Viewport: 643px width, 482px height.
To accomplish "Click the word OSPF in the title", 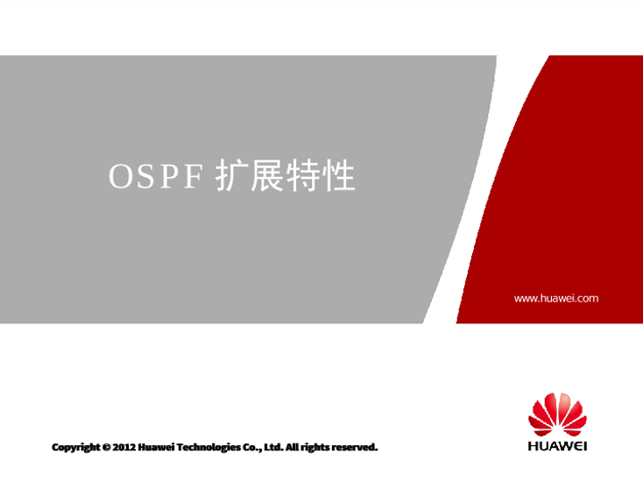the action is (x=156, y=176).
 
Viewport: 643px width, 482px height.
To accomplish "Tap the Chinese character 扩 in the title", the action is (x=231, y=175).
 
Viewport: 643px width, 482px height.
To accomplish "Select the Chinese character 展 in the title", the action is (x=267, y=175).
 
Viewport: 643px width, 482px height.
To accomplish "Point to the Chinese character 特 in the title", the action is (x=302, y=175).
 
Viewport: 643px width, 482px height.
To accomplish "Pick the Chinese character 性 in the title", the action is (x=338, y=175).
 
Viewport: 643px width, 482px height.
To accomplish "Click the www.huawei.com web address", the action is (x=556, y=298).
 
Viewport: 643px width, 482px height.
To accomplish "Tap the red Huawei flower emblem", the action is (x=557, y=414).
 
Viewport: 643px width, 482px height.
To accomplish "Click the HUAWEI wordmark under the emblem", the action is (x=557, y=446).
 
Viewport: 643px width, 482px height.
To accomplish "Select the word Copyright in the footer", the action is (x=76, y=447).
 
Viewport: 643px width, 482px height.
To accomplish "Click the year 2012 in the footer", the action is (x=124, y=447).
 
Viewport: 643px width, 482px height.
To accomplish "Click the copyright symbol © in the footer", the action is (x=107, y=447).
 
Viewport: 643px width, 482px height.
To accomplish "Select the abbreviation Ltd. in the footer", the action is (x=273, y=447).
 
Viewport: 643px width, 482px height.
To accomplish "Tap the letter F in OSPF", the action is (x=194, y=176).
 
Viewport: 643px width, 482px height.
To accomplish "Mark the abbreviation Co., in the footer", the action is (x=252, y=447).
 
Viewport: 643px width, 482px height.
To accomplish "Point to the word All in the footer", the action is (x=292, y=447).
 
